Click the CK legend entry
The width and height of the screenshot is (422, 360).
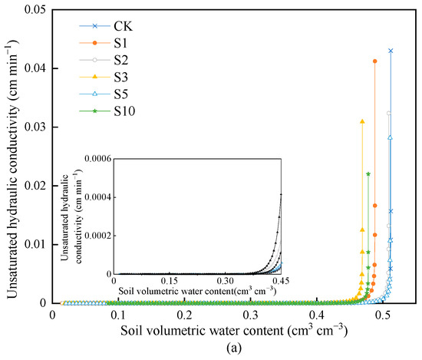[107, 25]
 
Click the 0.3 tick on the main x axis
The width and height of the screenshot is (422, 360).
[250, 315]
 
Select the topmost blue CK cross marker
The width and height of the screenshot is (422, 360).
[391, 51]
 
